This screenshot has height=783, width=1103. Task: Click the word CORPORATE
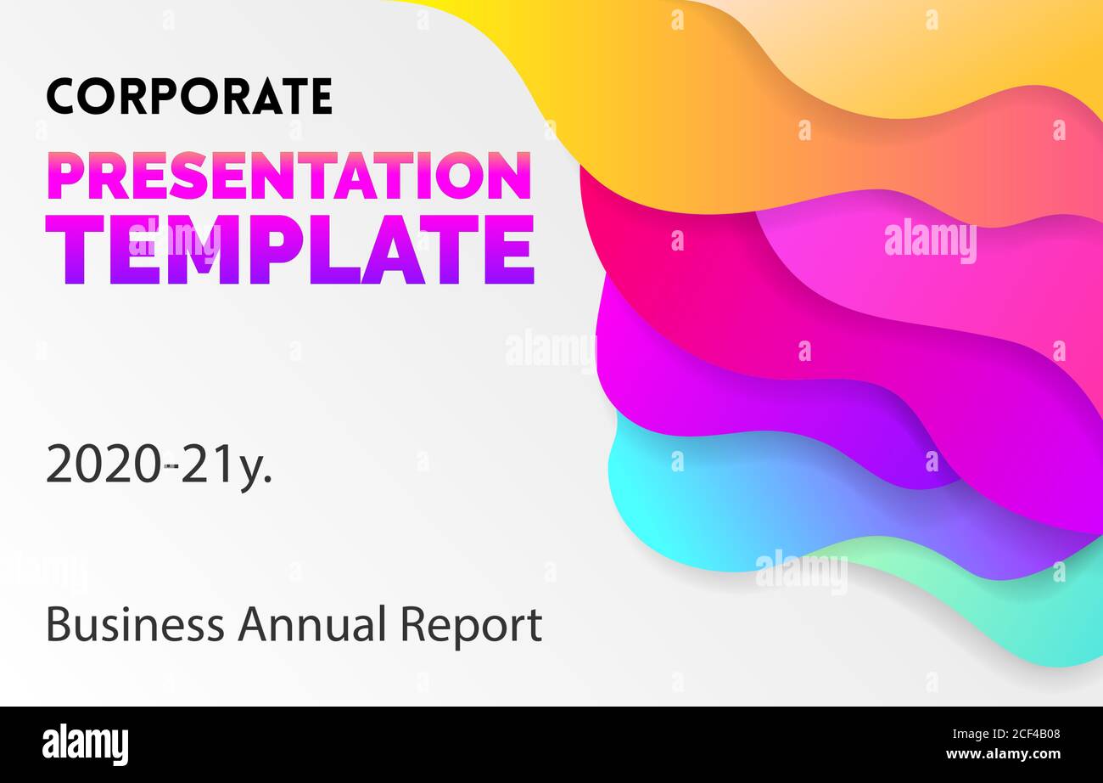(x=188, y=96)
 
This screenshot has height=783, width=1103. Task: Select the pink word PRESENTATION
(x=288, y=176)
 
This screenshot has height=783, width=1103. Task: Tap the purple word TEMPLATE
(x=289, y=249)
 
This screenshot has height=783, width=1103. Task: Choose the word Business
(x=135, y=625)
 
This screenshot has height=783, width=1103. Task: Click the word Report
(x=471, y=627)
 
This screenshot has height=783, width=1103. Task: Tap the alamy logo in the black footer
(x=85, y=745)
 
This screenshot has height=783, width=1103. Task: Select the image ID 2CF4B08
(x=1024, y=735)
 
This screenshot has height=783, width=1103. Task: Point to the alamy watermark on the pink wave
(x=930, y=241)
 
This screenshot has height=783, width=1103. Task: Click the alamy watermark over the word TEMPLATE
(x=174, y=239)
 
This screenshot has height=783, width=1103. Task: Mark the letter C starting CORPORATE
(x=62, y=96)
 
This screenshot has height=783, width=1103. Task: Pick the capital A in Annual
(x=252, y=625)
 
